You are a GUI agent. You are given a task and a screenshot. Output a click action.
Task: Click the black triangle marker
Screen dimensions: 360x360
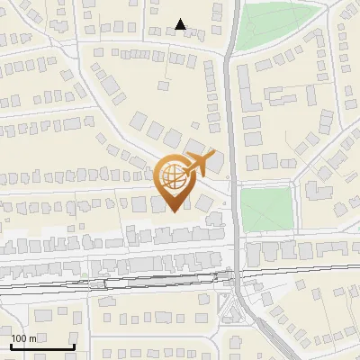(181, 24)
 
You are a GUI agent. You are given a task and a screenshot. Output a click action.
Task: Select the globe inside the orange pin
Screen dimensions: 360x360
(173, 175)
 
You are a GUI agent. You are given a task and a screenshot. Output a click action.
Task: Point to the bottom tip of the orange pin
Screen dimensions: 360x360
(174, 211)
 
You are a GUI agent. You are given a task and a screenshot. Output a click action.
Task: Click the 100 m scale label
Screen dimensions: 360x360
(24, 337)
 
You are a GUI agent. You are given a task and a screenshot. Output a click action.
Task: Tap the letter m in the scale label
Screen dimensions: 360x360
(32, 337)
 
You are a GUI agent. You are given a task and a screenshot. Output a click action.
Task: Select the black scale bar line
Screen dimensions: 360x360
(40, 346)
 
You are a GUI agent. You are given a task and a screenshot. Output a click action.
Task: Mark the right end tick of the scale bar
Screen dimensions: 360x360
(72, 345)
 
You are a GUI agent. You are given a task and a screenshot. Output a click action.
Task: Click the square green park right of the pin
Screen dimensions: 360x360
(266, 210)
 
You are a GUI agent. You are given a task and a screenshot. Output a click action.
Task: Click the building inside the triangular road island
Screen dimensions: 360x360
(238, 313)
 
